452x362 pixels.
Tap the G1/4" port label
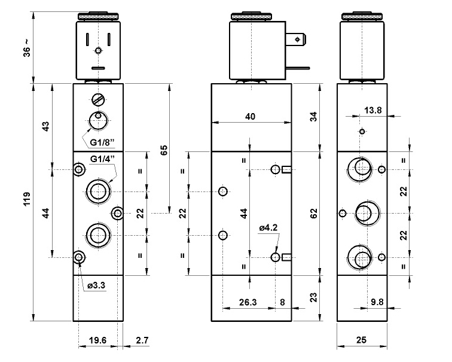tap(102, 159)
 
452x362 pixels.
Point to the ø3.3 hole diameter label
tap(96, 286)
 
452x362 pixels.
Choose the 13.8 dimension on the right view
tap(372, 110)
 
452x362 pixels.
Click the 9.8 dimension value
tap(377, 302)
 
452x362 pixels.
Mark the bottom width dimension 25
tap(362, 340)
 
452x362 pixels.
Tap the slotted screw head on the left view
tap(99, 99)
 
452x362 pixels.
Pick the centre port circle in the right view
tap(364, 212)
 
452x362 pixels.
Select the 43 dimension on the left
tap(45, 127)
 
